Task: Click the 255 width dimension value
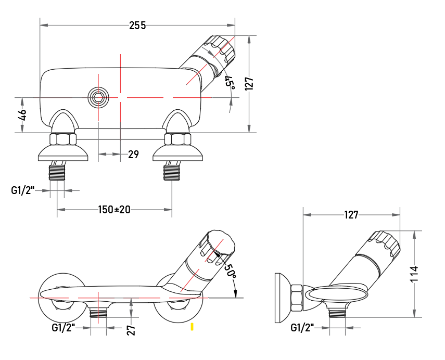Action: point(137,25)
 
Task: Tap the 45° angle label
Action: point(230,83)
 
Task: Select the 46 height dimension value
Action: point(22,114)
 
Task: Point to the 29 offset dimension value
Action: point(133,155)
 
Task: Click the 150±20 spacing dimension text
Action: point(114,210)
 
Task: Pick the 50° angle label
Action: point(231,271)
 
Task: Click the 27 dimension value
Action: point(131,330)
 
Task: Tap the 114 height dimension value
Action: point(415,274)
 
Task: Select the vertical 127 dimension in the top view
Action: point(249,84)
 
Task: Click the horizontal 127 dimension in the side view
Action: point(351,215)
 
